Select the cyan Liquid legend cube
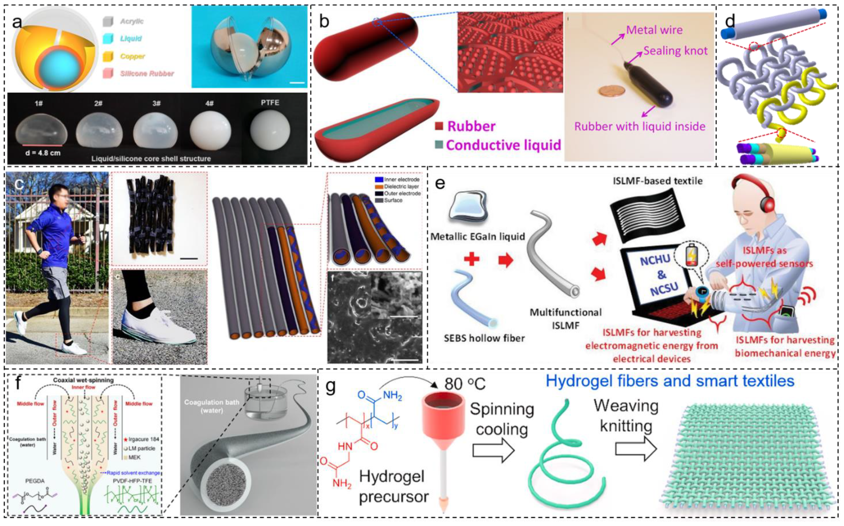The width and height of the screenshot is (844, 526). [108, 38]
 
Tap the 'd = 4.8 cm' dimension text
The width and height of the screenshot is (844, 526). [43, 153]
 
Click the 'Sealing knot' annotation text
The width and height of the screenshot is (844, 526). [675, 51]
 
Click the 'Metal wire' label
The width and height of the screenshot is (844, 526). [654, 30]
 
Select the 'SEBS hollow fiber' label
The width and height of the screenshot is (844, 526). [484, 338]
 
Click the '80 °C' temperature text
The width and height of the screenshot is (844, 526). [465, 384]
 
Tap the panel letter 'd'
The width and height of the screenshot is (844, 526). [730, 22]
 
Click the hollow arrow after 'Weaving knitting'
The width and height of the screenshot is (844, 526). [636, 449]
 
